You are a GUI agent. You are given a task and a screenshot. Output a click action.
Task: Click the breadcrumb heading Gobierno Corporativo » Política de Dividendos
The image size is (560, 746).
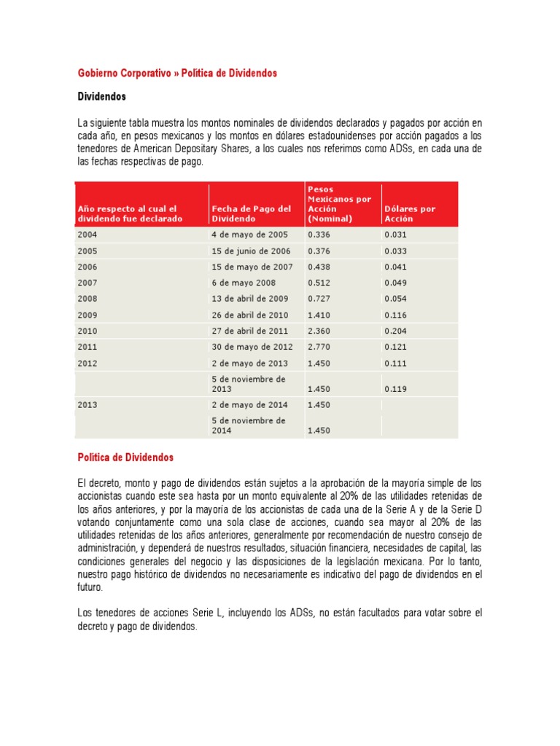click(x=177, y=74)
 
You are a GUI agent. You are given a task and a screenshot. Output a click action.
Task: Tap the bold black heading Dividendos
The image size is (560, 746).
click(x=102, y=96)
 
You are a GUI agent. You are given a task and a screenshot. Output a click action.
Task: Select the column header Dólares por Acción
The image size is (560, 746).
click(x=409, y=213)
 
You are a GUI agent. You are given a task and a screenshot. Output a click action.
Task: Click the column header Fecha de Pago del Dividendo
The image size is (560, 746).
click(x=251, y=213)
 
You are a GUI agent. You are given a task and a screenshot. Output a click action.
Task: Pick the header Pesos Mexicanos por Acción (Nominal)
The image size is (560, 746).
click(x=339, y=203)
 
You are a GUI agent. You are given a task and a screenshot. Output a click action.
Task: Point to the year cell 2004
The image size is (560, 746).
click(x=87, y=235)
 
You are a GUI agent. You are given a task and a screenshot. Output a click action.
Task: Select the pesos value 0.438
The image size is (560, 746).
click(x=319, y=267)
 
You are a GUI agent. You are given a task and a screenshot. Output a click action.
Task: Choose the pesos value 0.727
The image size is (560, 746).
click(x=319, y=299)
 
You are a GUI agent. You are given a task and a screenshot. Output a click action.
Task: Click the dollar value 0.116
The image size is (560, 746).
click(x=395, y=315)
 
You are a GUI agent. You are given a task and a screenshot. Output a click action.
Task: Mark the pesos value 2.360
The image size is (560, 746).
click(x=319, y=331)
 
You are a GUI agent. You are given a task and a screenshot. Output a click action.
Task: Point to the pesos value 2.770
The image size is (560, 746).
click(x=319, y=347)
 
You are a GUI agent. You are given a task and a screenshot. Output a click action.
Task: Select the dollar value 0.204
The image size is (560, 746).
click(x=395, y=331)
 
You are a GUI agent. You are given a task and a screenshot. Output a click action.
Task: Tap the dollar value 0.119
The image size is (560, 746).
click(x=395, y=389)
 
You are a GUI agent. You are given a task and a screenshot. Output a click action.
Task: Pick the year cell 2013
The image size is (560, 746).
click(x=87, y=404)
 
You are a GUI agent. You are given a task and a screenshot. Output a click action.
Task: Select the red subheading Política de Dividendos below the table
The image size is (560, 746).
click(x=125, y=458)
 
